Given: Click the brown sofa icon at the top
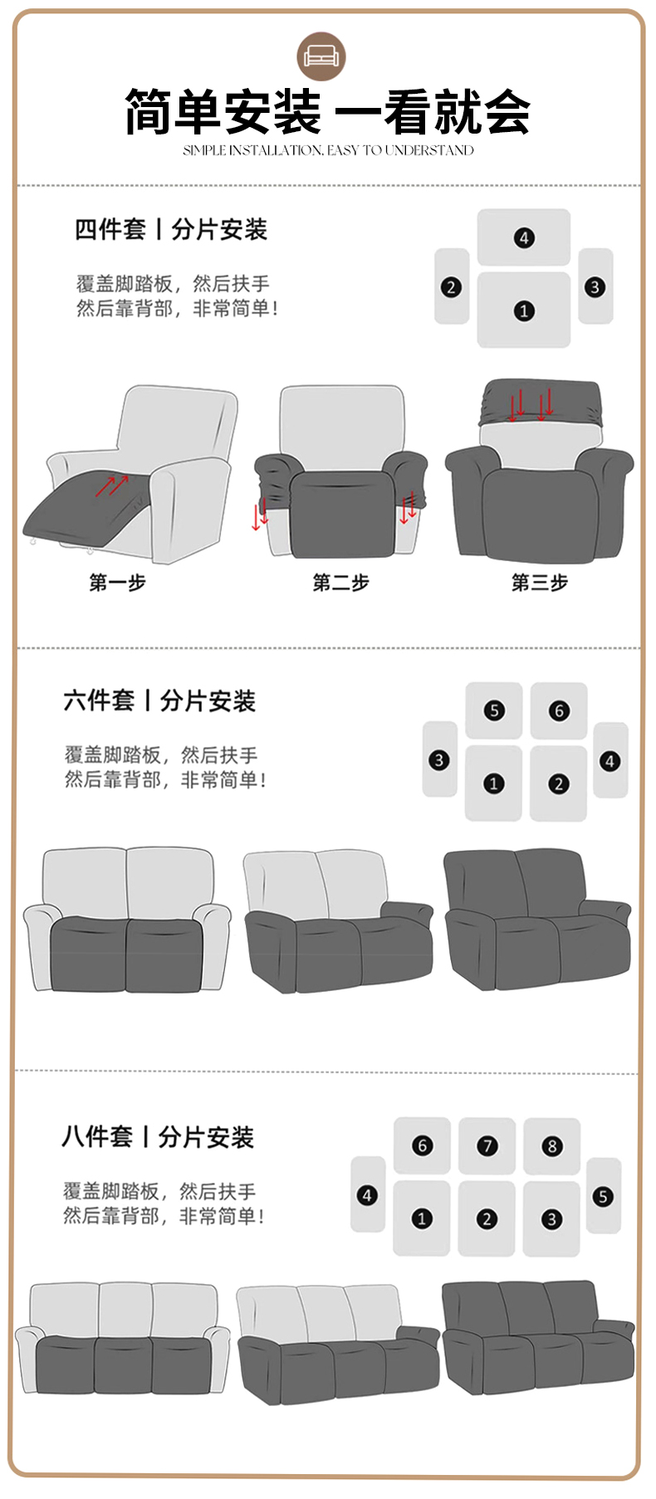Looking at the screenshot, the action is tap(321, 56).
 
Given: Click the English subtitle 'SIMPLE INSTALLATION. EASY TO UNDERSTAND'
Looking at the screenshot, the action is tap(328, 150).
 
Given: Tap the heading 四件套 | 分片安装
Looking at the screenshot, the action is tap(171, 229).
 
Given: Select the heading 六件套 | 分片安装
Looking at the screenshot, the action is tap(159, 701).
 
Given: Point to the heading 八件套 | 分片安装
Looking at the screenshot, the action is tap(158, 1136).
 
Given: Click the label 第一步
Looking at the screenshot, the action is tap(118, 583).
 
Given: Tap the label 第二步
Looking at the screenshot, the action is tap(340, 583).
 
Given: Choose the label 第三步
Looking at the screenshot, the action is tap(540, 583).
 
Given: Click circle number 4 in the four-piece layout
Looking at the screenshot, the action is tap(524, 238).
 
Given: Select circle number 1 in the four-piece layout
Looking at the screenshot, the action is tap(524, 310).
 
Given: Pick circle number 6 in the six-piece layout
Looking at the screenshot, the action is tap(559, 710).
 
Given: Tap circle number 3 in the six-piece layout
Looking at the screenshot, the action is tap(439, 759).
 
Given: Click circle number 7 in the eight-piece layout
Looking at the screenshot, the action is tap(487, 1146).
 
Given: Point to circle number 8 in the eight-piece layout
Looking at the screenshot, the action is tap(551, 1146).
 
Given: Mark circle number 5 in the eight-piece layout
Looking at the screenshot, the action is tap(603, 1196).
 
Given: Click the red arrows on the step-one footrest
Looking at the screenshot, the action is tap(111, 486).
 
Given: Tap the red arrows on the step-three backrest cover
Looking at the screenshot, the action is tap(531, 404).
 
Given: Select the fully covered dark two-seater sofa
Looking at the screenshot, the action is tap(538, 919).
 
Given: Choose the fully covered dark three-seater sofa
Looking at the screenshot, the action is tap(538, 1334).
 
